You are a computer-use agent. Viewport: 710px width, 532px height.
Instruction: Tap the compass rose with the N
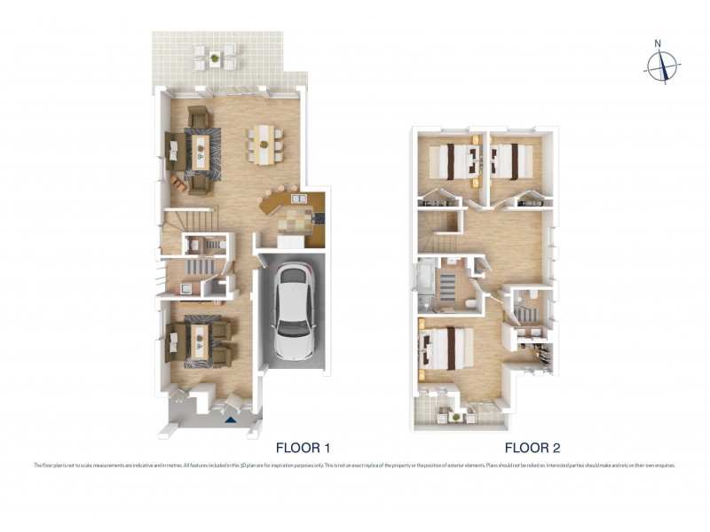click(662, 65)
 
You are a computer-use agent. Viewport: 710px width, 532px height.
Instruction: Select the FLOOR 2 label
click(532, 448)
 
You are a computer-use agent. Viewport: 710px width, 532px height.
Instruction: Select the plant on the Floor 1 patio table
click(215, 58)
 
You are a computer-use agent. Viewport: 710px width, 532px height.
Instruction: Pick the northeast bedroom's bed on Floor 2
click(509, 161)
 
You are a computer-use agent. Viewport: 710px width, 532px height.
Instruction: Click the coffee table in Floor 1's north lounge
click(201, 149)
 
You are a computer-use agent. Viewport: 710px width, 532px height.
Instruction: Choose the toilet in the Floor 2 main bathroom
click(470, 305)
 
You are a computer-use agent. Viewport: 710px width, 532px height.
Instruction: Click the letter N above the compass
click(658, 43)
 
